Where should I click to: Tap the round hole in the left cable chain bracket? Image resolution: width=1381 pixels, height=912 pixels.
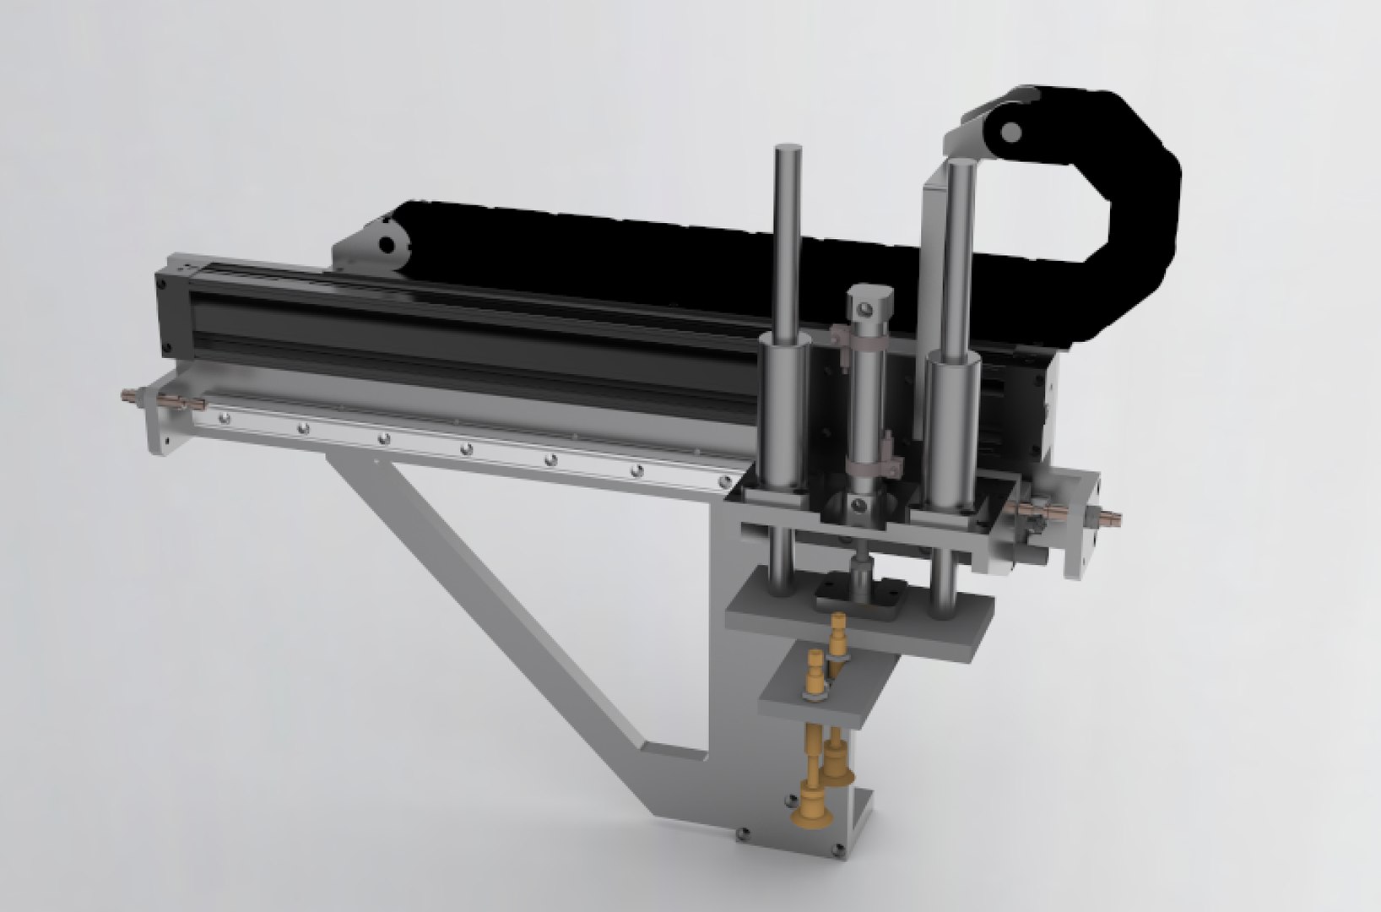pyautogui.click(x=387, y=244)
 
